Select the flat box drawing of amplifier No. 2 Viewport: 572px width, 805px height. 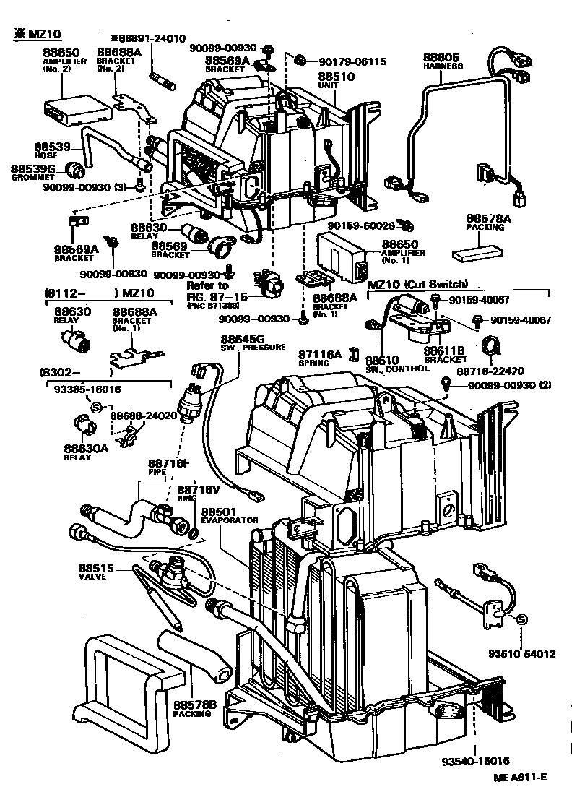(77, 108)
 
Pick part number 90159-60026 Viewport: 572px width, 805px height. (361, 225)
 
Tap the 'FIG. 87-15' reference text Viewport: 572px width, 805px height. (217, 296)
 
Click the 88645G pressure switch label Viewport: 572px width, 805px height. (243, 339)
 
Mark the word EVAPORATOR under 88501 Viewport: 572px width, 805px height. (229, 520)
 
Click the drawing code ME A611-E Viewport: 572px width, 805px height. (520, 777)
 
